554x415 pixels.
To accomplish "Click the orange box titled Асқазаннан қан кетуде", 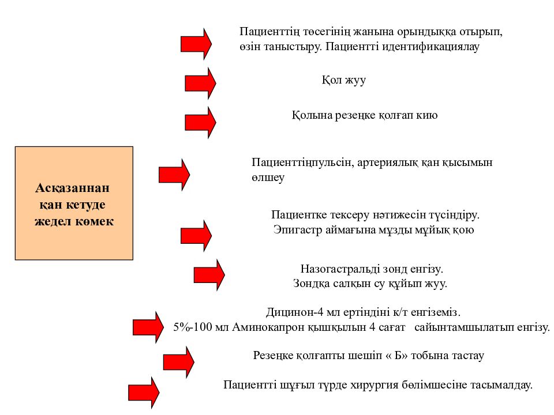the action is click(x=74, y=203).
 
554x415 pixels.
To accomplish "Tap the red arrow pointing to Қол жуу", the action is click(x=200, y=83).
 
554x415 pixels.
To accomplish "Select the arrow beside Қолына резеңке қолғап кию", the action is click(x=200, y=122).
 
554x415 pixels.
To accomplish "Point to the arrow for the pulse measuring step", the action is click(x=174, y=175).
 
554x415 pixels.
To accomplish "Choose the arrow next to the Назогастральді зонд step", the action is click(x=209, y=275).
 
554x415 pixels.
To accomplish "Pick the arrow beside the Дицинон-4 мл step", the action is click(x=148, y=327).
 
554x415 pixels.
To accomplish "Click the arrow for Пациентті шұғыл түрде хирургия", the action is click(x=144, y=393).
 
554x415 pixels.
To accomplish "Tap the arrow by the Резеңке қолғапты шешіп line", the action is click(x=179, y=362).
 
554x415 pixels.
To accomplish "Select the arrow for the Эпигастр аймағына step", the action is click(x=196, y=236).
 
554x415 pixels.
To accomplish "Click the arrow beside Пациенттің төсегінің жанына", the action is click(x=196, y=44).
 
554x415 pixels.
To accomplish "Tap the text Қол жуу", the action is click(x=343, y=80).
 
